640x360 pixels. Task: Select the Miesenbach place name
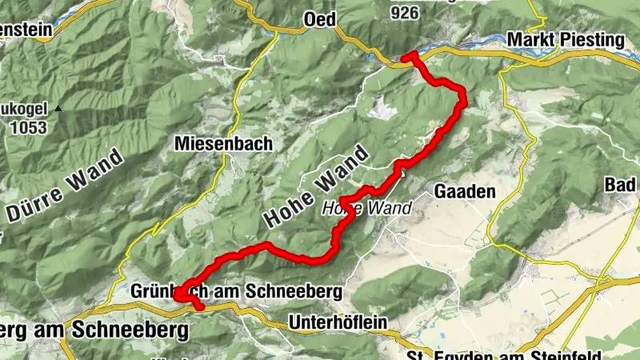pyautogui.click(x=223, y=143)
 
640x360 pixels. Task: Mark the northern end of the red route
pyautogui.click(x=405, y=56)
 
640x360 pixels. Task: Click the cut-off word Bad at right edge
pyautogui.click(x=622, y=186)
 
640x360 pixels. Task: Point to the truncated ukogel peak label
pyautogui.click(x=24, y=109)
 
